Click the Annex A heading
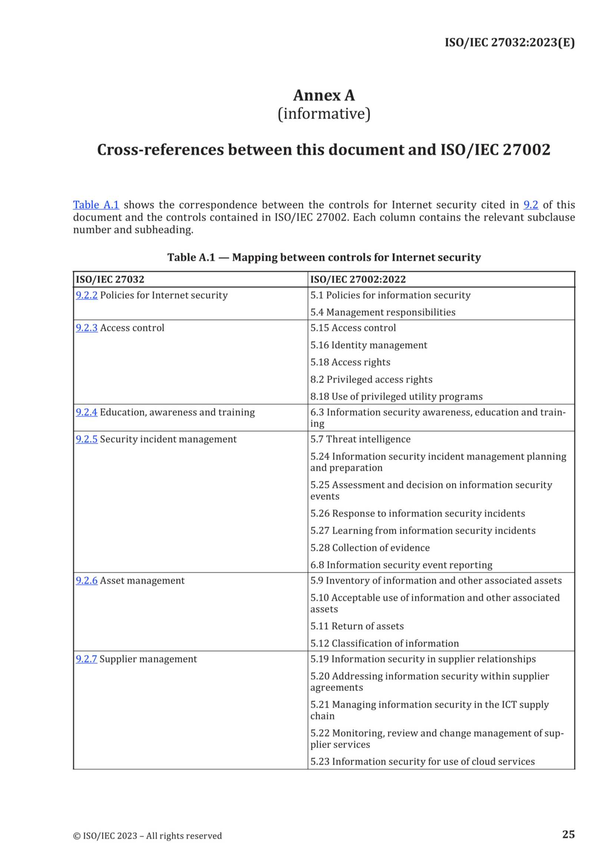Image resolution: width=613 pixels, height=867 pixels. click(324, 95)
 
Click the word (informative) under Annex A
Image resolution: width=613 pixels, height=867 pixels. click(324, 114)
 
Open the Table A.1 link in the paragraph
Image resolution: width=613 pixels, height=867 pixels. click(96, 205)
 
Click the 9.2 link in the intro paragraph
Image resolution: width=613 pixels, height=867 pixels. click(530, 205)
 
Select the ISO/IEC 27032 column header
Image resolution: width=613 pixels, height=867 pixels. click(110, 280)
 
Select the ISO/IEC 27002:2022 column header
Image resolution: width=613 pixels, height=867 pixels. click(358, 280)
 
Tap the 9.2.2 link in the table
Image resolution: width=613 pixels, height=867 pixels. click(86, 295)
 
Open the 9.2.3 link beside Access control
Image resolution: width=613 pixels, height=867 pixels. click(86, 328)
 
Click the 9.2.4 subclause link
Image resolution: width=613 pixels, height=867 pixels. click(86, 412)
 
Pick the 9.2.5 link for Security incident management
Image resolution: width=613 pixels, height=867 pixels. click(86, 439)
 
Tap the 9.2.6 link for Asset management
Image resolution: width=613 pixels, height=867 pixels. click(86, 580)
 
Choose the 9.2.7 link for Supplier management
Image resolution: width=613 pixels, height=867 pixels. click(86, 659)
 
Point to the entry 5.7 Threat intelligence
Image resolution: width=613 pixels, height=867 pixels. click(360, 439)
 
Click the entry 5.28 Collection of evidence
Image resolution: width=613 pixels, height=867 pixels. click(370, 548)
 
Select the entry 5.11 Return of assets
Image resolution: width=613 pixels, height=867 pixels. click(357, 626)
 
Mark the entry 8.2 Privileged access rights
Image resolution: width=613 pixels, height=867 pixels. click(371, 379)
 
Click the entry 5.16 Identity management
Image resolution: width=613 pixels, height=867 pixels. click(369, 345)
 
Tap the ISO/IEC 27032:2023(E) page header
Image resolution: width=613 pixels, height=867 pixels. click(510, 43)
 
